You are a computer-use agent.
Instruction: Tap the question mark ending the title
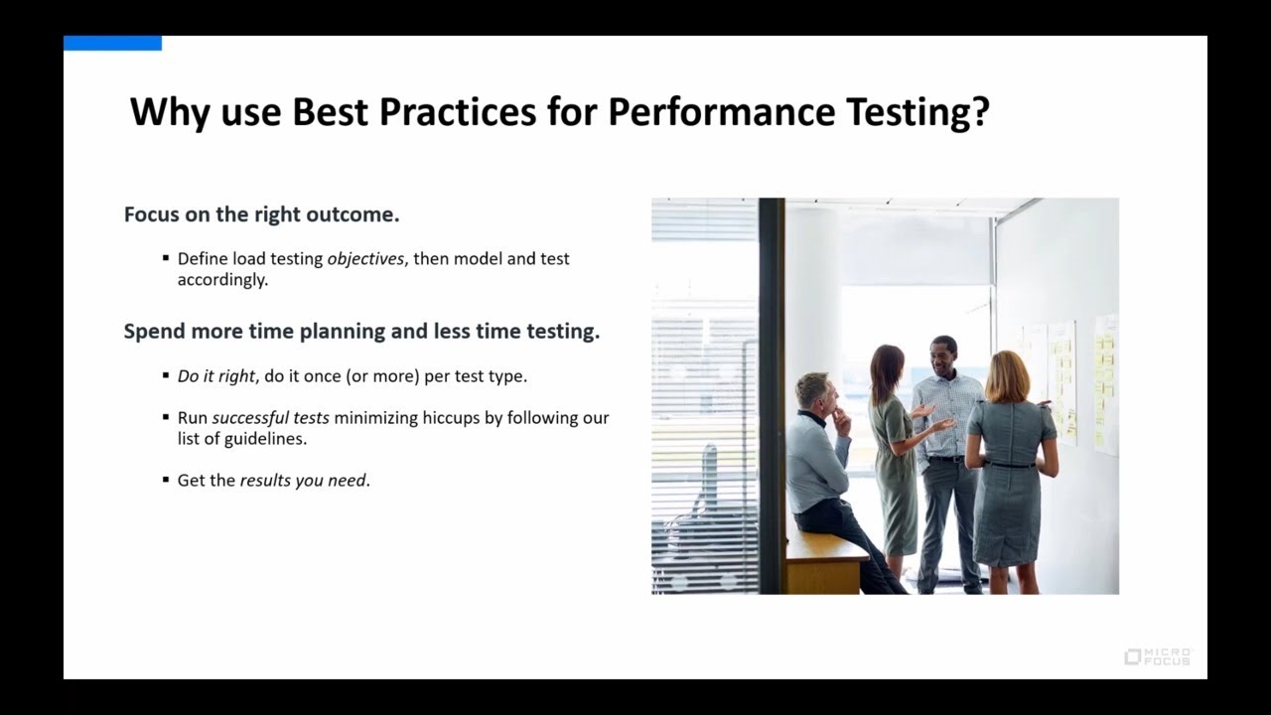(981, 112)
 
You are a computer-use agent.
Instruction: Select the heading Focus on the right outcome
(261, 214)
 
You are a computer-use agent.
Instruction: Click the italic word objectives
(365, 259)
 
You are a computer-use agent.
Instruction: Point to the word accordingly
(222, 280)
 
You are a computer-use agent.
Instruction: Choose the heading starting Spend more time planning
(361, 332)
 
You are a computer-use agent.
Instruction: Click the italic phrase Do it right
(215, 377)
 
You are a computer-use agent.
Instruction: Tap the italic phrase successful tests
(270, 418)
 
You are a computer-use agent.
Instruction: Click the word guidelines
(265, 439)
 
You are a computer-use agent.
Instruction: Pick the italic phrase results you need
(303, 481)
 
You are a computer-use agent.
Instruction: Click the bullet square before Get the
(166, 480)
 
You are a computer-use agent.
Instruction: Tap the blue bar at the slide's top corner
(112, 43)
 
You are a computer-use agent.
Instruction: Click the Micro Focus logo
(1158, 656)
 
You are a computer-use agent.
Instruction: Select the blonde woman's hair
(1006, 375)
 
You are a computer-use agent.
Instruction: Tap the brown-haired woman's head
(886, 367)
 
